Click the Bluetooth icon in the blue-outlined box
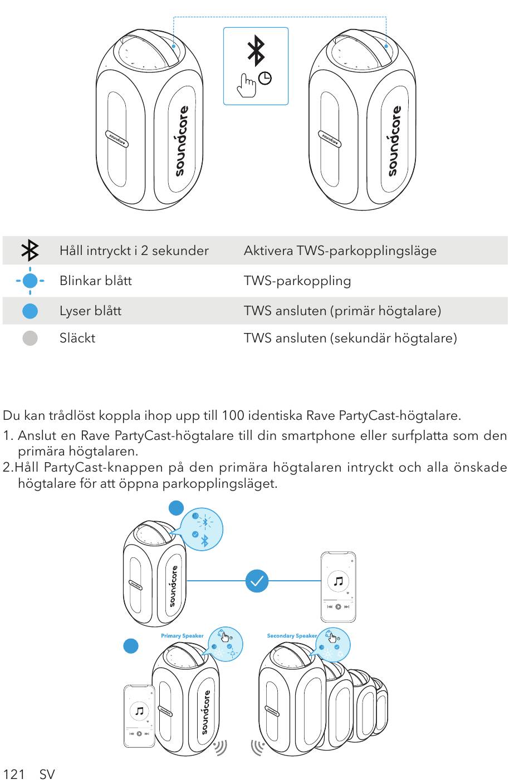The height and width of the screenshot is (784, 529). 256,51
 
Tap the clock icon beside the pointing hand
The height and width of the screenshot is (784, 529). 265,79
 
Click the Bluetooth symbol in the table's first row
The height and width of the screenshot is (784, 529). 30,250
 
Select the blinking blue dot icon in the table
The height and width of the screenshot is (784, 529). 30,281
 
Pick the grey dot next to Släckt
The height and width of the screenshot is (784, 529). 30,338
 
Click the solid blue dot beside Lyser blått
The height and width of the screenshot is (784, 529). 30,311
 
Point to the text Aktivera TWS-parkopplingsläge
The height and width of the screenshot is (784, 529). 340,251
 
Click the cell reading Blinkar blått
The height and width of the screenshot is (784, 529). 96,281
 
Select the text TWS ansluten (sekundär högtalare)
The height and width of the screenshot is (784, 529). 350,339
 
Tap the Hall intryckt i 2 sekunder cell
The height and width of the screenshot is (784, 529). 134,251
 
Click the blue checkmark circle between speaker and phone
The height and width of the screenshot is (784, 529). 257,581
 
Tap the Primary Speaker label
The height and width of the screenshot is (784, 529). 182,635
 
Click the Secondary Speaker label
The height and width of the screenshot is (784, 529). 292,635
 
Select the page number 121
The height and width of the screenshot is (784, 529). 14,774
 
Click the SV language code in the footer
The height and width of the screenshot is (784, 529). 47,774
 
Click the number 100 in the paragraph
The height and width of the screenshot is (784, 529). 233,415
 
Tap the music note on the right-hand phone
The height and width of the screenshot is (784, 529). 338,581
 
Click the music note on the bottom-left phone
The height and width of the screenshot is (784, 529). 139,711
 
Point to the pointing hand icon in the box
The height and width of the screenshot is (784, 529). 247,85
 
